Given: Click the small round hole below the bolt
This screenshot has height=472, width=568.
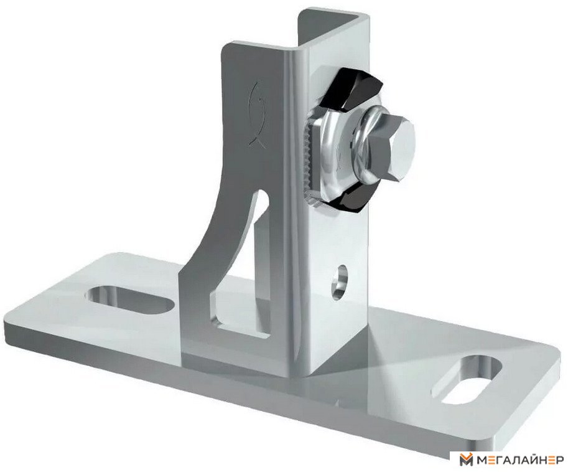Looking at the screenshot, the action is (340, 281).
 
